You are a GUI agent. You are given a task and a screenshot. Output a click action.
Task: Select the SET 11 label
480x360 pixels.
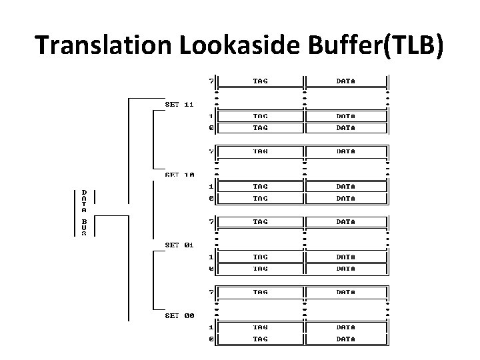[x=179, y=104]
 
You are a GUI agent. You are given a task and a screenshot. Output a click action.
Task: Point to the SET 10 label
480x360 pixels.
[x=179, y=175]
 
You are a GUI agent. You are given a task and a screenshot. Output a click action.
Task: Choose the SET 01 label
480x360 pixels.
[x=179, y=245]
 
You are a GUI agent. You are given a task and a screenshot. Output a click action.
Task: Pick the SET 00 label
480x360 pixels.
[x=179, y=315]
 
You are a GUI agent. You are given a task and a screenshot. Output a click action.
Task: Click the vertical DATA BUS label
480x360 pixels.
[x=84, y=213]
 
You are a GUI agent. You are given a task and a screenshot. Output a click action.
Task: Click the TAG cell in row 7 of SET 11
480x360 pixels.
[x=261, y=81]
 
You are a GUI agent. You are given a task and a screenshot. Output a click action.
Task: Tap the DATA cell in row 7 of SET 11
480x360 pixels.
[x=345, y=81]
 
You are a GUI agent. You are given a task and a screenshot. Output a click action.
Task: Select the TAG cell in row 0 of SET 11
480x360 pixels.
[x=261, y=127]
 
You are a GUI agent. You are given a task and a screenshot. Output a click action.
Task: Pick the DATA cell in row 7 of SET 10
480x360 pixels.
[x=345, y=151]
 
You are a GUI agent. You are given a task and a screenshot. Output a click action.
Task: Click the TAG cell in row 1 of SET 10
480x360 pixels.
[x=261, y=187]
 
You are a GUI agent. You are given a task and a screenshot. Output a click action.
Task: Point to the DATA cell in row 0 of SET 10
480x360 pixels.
[x=345, y=198]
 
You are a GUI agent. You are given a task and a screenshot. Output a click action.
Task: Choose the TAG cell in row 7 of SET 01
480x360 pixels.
[x=261, y=221]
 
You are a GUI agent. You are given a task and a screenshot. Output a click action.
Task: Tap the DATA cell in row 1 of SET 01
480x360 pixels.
[x=345, y=257]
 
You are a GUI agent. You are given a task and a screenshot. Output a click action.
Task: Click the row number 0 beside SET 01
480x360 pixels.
[x=211, y=269]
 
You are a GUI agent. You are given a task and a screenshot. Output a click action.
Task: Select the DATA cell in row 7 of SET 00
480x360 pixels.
[x=345, y=292]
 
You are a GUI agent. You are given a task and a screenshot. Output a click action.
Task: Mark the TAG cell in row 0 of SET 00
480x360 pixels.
[x=261, y=339]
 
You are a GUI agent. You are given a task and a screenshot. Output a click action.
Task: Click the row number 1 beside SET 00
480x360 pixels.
[x=211, y=327]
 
